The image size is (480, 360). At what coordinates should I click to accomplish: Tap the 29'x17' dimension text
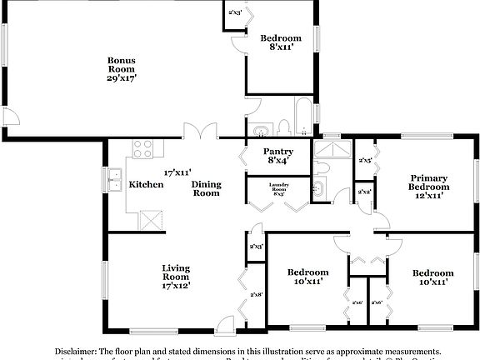coord(121,77)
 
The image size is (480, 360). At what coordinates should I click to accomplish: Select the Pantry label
coord(277,152)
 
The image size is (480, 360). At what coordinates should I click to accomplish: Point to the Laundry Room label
coord(277,187)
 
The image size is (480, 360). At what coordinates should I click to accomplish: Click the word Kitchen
coord(146,184)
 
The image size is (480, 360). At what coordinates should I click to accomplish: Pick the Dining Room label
coord(206,188)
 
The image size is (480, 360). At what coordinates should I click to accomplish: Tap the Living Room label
coord(176,272)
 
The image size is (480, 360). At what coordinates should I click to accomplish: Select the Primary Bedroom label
coord(428,182)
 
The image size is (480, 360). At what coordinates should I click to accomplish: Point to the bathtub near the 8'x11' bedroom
coord(303,117)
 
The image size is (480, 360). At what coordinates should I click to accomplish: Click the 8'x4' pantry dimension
coord(277,161)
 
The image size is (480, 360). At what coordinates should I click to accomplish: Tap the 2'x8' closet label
coord(256,295)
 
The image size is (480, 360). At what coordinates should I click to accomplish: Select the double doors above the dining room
coord(201,132)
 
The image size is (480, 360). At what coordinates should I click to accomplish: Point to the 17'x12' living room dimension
coord(176,286)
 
